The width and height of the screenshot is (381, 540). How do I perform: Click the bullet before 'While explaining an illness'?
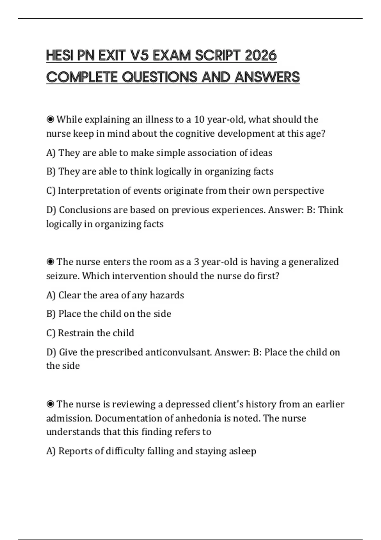[x=50, y=119]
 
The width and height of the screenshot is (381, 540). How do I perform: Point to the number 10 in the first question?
[x=199, y=119]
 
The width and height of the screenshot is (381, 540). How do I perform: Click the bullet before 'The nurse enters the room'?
[x=50, y=262]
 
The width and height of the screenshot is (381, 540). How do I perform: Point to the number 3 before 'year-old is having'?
[x=197, y=262]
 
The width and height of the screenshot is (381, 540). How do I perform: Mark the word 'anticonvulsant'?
[x=178, y=352]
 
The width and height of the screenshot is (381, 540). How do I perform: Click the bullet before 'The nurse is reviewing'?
[x=50, y=404]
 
